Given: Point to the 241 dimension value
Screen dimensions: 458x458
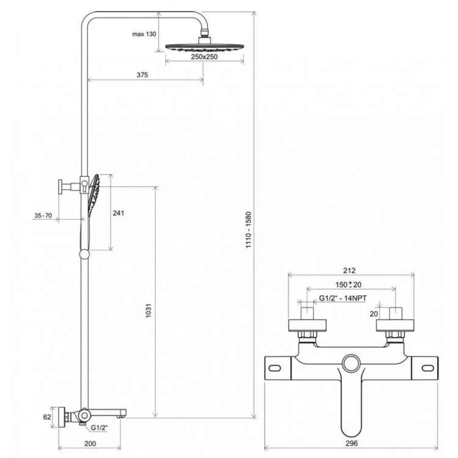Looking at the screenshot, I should (119, 213).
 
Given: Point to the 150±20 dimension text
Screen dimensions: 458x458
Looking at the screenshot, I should (349, 285).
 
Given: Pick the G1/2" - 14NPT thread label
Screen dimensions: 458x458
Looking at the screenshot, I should (344, 298).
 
